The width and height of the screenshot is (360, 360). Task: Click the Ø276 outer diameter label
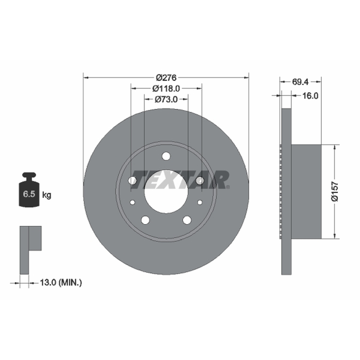(166, 77)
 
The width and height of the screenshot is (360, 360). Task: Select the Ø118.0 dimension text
(166, 88)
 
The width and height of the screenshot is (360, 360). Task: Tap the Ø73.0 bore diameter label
(166, 99)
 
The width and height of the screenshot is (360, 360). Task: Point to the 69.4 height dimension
(300, 81)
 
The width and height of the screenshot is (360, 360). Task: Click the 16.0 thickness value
(310, 95)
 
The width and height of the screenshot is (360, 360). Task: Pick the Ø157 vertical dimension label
(335, 192)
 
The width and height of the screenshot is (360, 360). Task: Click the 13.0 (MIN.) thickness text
(61, 283)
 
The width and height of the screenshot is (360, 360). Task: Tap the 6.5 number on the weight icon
(29, 194)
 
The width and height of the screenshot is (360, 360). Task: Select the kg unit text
(47, 195)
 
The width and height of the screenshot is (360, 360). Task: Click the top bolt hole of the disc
(166, 156)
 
